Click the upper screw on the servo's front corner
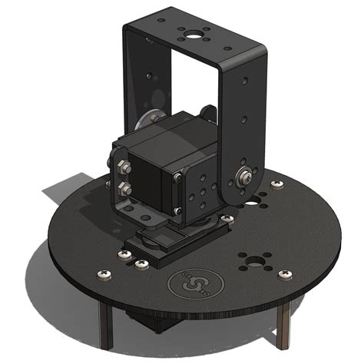tap(177, 178)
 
